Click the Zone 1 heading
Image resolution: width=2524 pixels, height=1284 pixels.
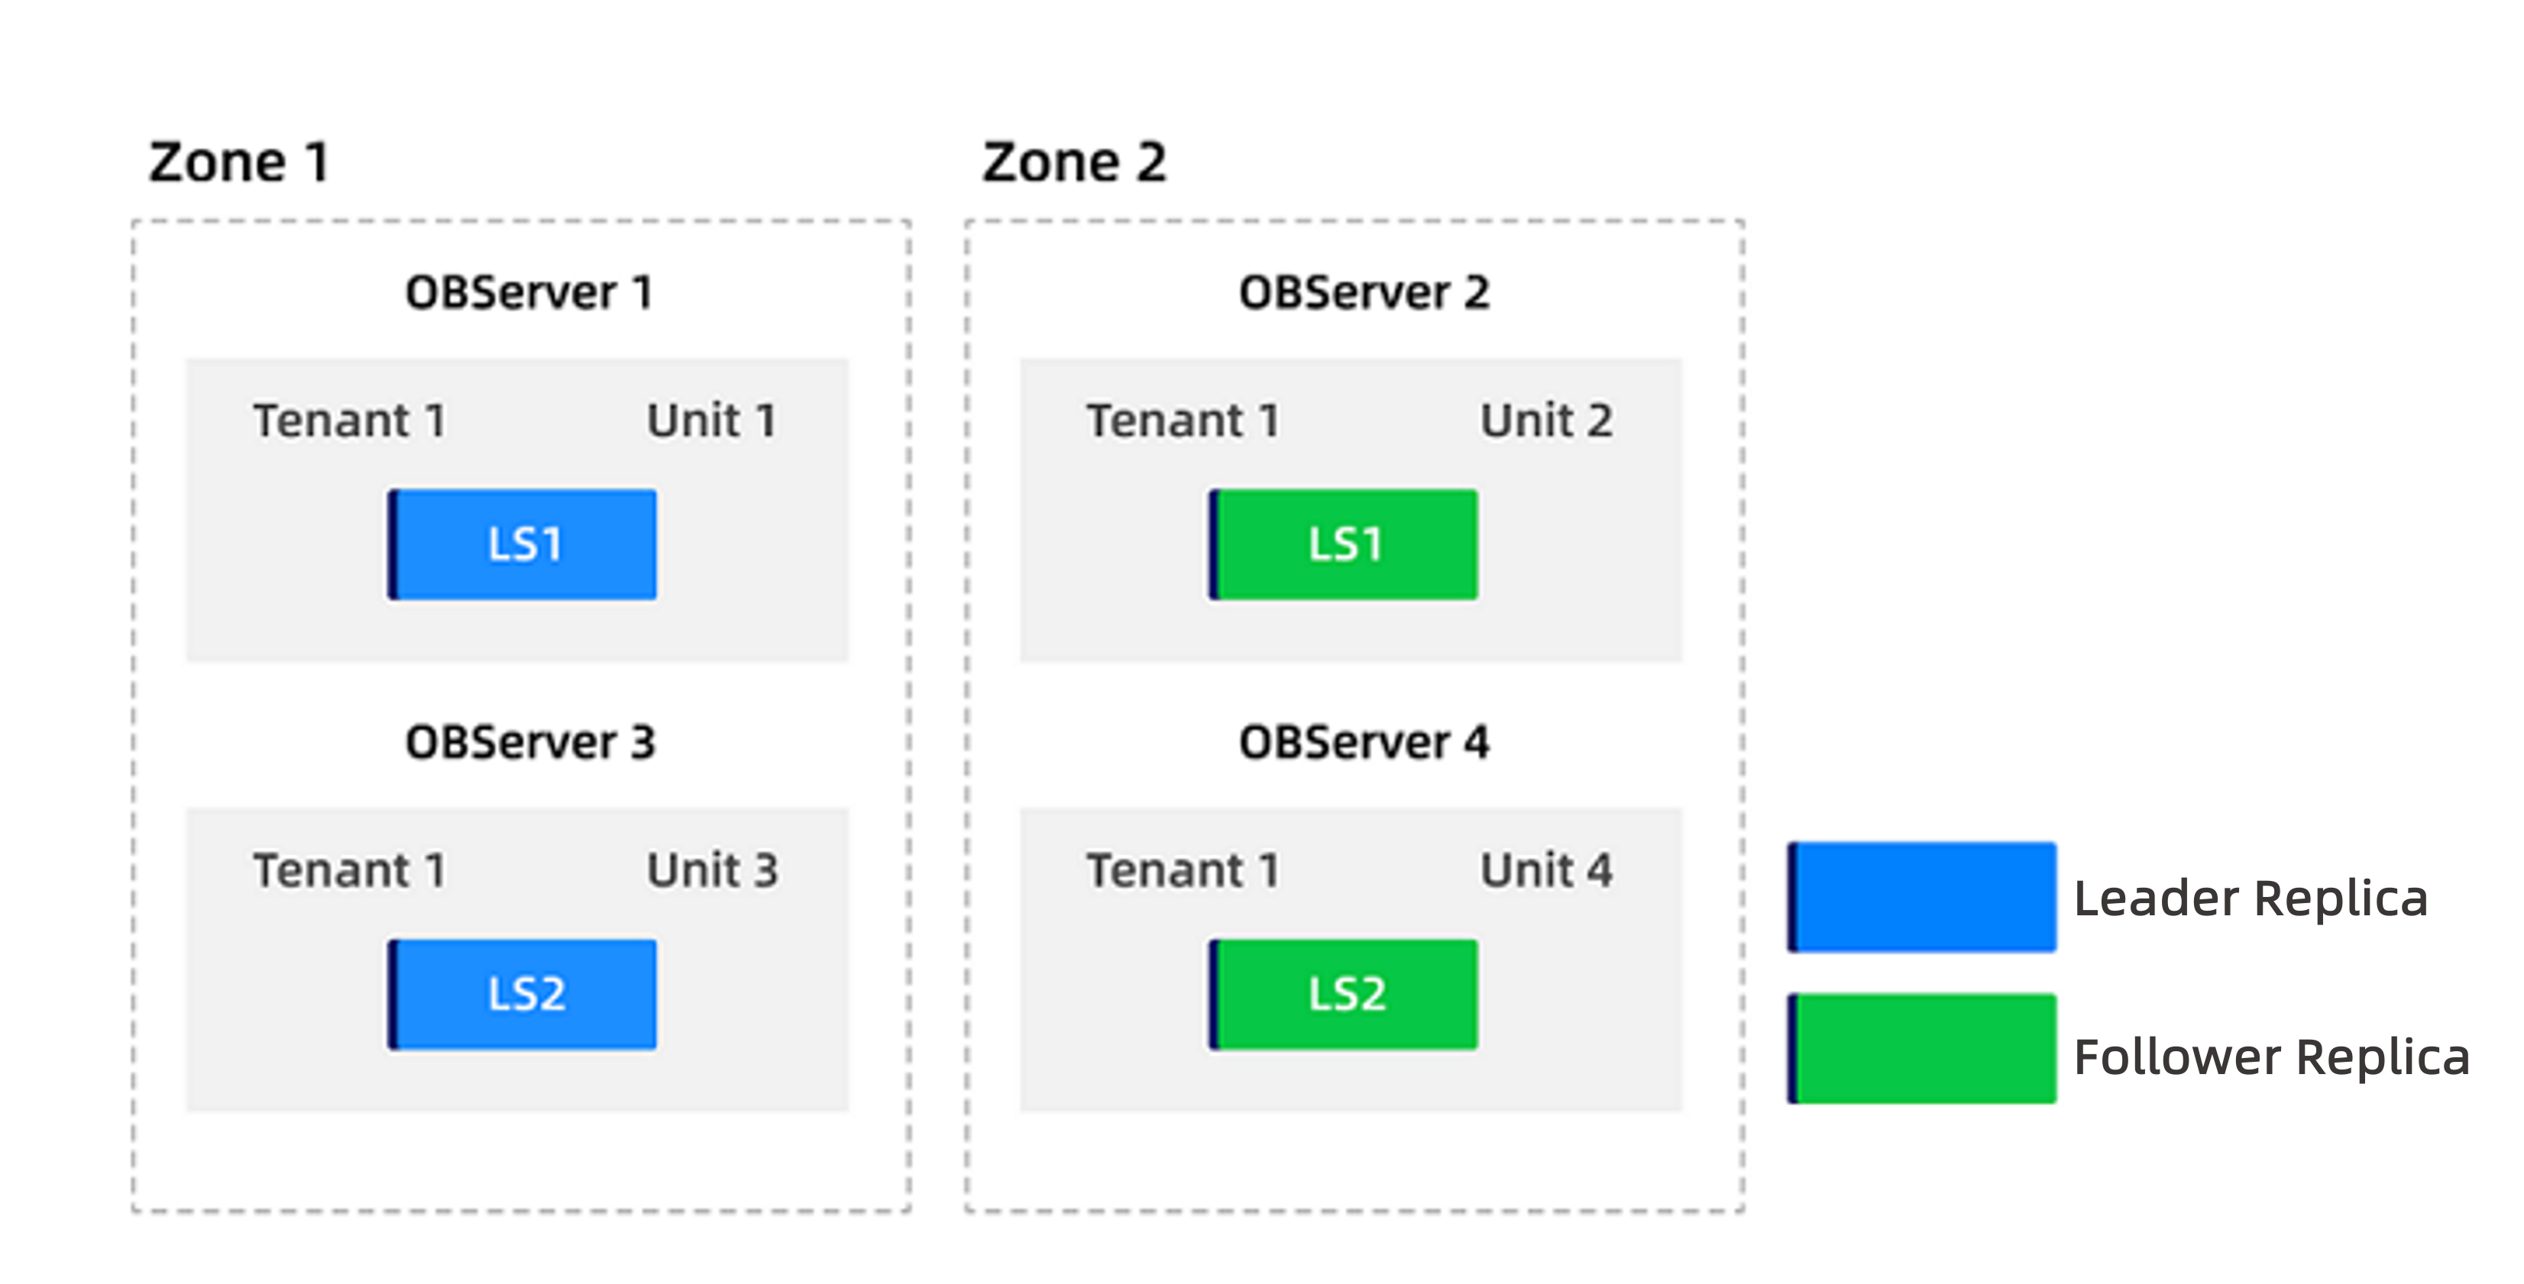pos(238,162)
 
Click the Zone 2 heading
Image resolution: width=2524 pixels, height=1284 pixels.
pos(1074,162)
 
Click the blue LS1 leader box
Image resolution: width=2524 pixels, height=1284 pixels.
pos(523,544)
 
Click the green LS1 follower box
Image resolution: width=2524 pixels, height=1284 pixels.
pos(1343,544)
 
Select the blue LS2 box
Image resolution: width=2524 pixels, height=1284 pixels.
pos(523,994)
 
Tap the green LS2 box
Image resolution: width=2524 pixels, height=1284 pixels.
pos(1343,994)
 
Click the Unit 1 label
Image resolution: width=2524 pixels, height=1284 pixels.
pos(711,421)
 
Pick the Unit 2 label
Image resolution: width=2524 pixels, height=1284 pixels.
pos(1546,421)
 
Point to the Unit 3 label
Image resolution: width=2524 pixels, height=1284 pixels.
pos(711,871)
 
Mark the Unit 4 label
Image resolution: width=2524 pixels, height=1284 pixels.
pos(1546,871)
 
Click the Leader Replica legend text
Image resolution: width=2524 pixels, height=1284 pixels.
pos(2251,898)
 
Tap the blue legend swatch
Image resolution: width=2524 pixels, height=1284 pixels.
pos(1921,897)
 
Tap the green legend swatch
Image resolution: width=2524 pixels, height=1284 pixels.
pos(1921,1048)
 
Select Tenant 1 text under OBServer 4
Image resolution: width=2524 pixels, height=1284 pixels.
pos(1183,871)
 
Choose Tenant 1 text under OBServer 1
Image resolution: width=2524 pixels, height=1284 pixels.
pos(350,421)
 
